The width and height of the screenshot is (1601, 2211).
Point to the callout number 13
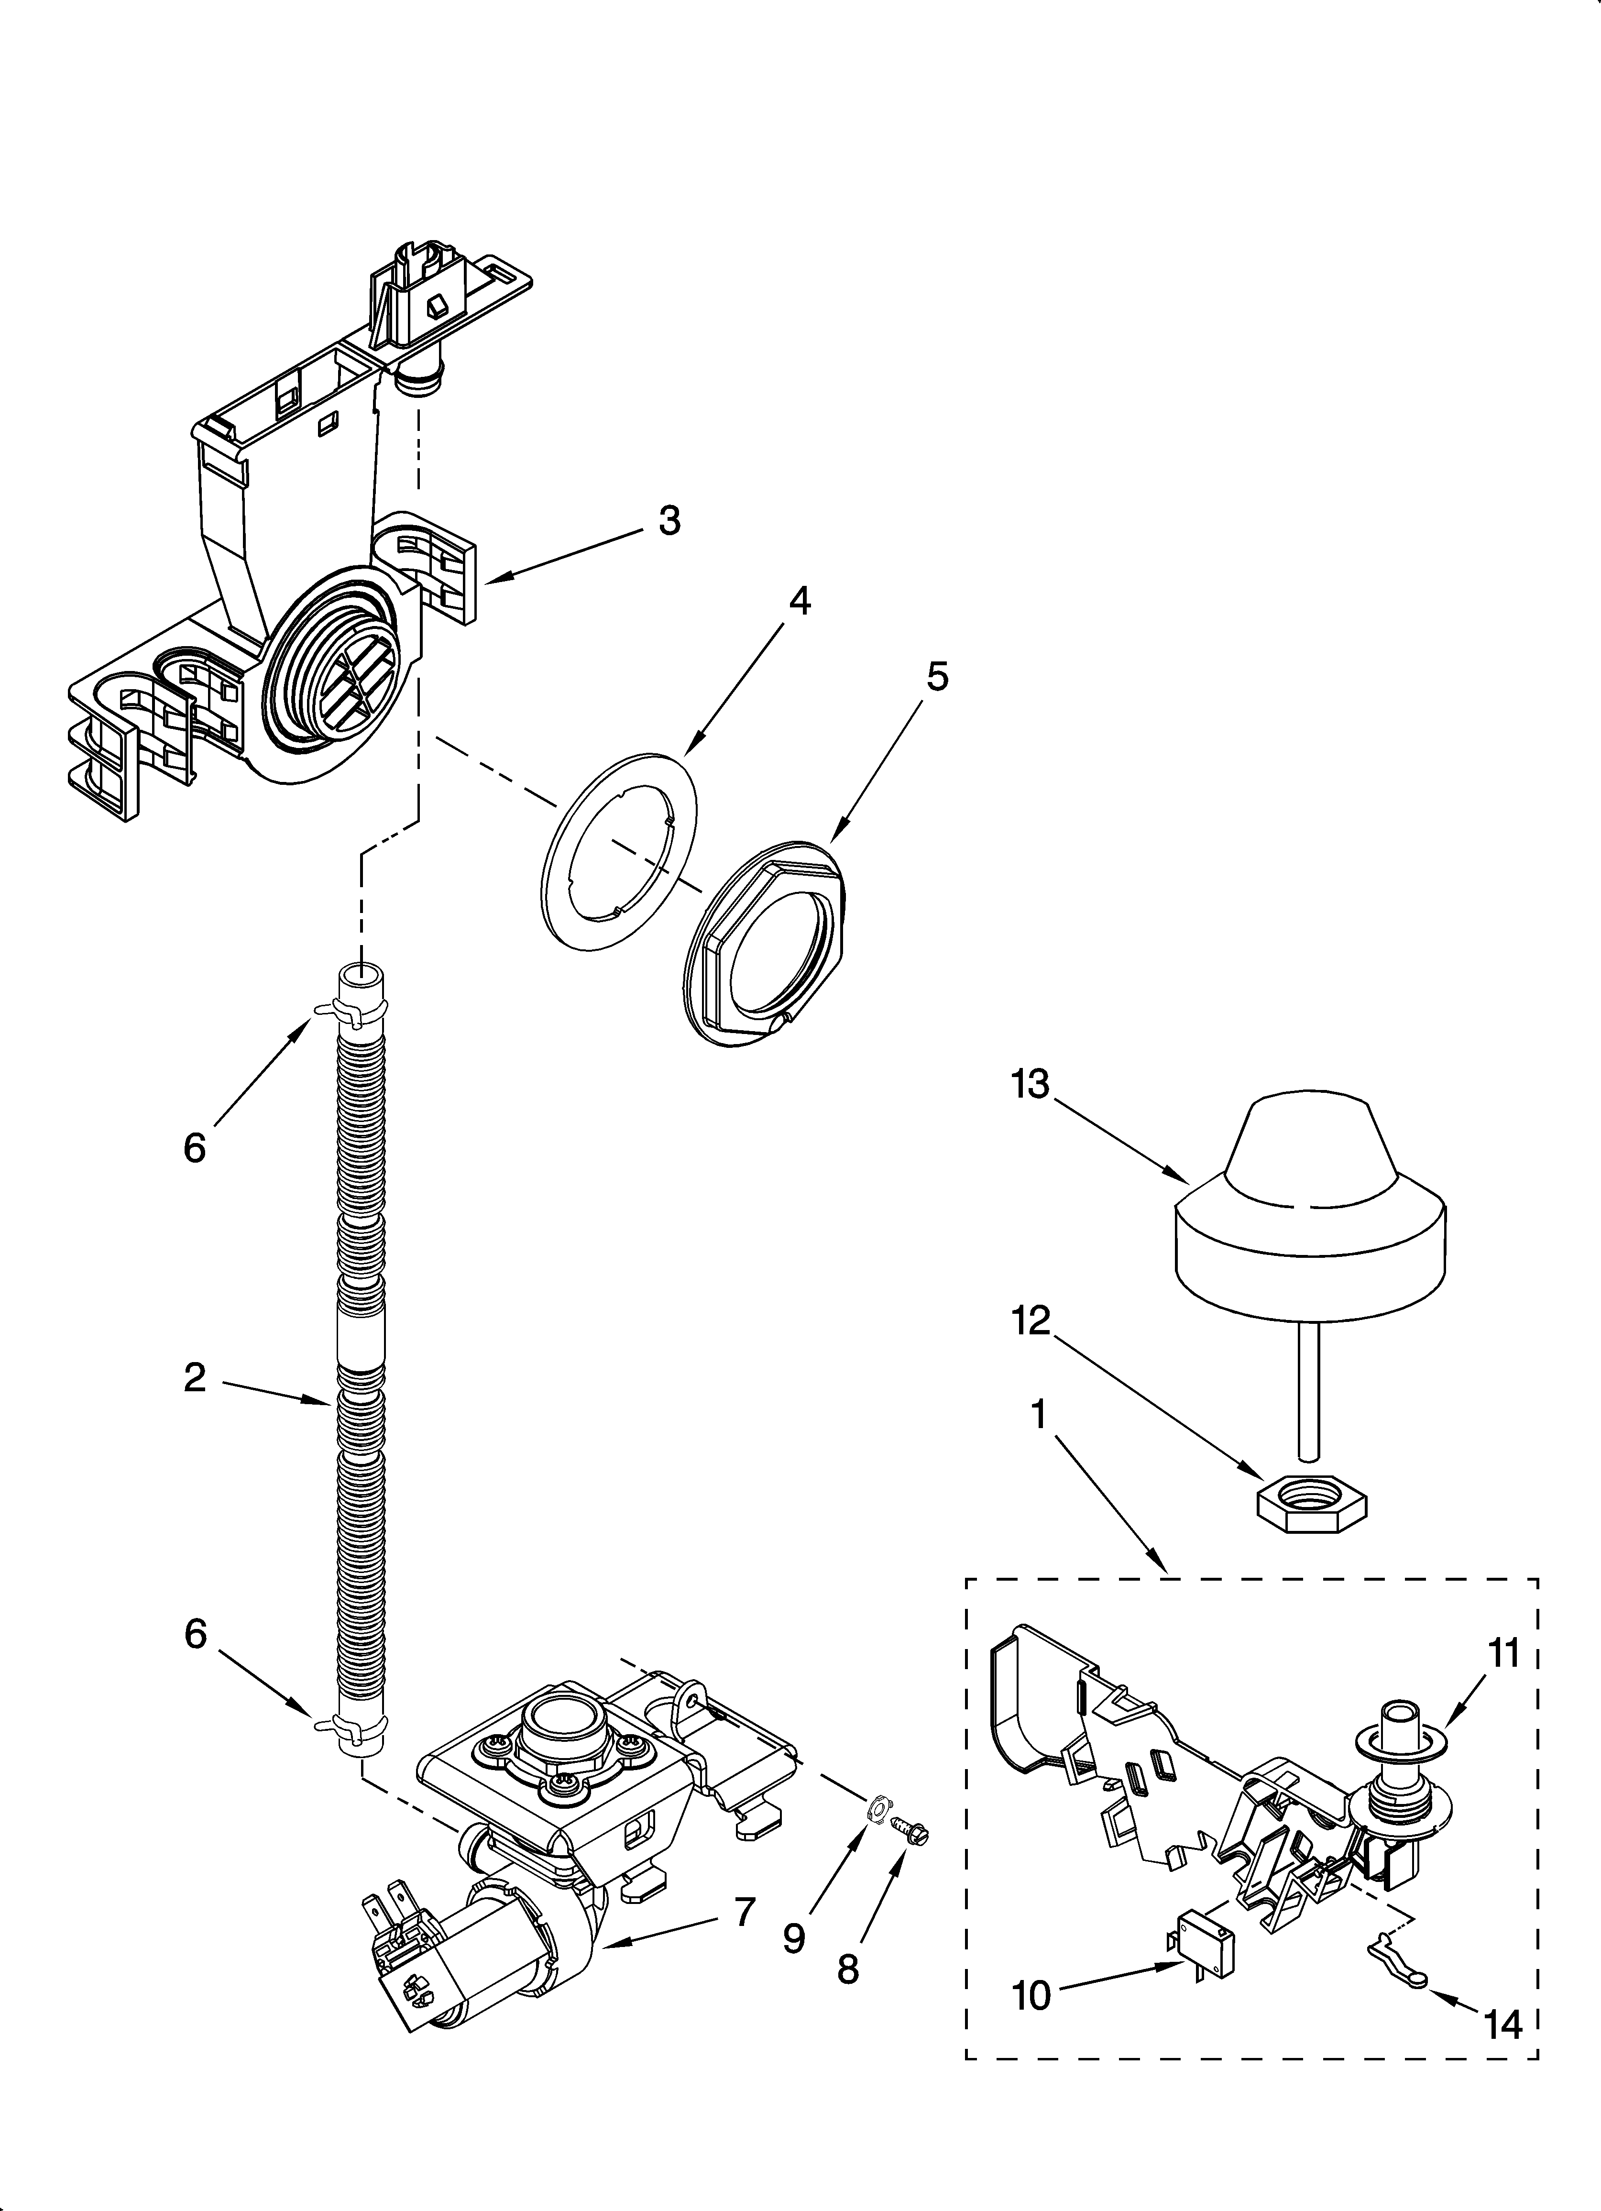(x=1030, y=1084)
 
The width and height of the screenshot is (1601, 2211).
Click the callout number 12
(x=1031, y=1321)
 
